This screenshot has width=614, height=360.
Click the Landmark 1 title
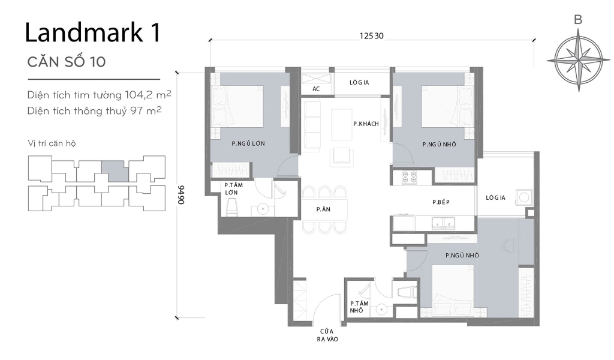[92, 34]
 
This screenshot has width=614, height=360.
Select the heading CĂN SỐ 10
[67, 63]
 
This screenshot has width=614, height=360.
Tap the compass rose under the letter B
[577, 62]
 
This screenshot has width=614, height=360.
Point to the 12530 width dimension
[371, 36]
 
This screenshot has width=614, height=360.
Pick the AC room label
[316, 89]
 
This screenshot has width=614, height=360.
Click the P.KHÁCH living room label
[366, 124]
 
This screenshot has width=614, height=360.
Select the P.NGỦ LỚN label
[248, 144]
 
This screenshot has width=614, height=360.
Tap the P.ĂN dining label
[324, 209]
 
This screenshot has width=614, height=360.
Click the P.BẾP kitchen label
[442, 203]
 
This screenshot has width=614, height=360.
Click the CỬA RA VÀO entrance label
[326, 335]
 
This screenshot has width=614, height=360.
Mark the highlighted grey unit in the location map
[114, 171]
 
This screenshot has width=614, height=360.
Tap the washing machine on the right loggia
[525, 197]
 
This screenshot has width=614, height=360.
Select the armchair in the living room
[342, 155]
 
